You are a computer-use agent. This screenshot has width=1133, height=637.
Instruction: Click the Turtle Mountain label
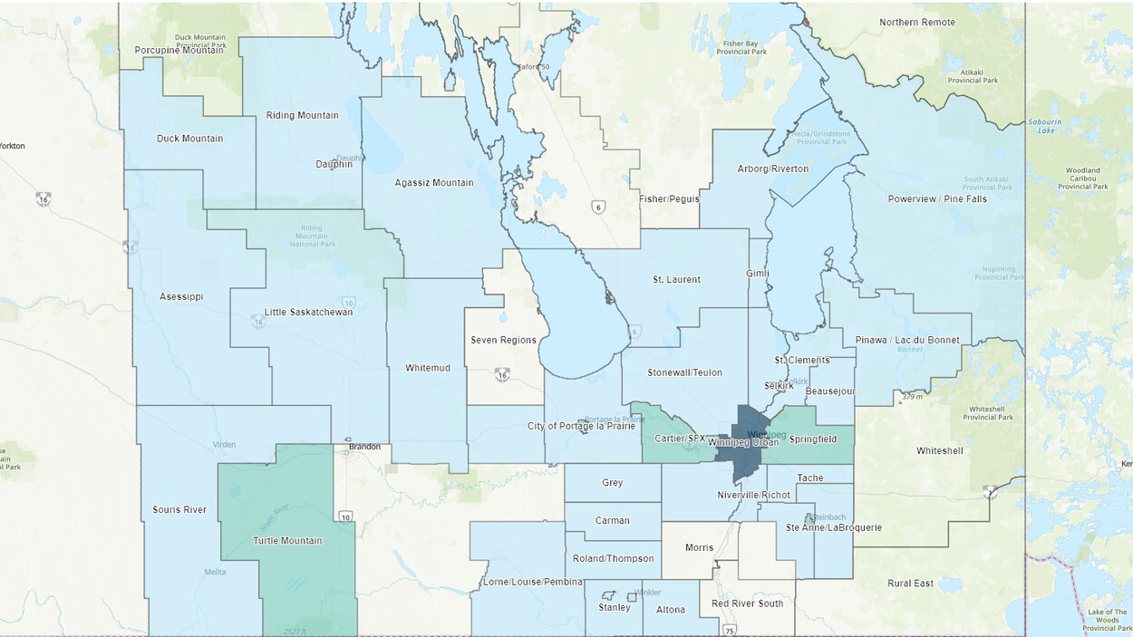pyautogui.click(x=286, y=541)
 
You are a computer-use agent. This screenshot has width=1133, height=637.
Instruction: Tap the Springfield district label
pyautogui.click(x=813, y=439)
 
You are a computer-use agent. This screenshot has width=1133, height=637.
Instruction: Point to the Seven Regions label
pyautogui.click(x=503, y=340)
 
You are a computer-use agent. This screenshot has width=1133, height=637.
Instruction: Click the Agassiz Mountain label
pyautogui.click(x=434, y=182)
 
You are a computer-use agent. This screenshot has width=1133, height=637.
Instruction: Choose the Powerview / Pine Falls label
pyautogui.click(x=937, y=198)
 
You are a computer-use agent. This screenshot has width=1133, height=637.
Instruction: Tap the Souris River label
pyautogui.click(x=179, y=509)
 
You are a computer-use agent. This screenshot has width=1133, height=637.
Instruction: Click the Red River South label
pyautogui.click(x=747, y=603)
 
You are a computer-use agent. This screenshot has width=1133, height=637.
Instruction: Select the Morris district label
pyautogui.click(x=699, y=547)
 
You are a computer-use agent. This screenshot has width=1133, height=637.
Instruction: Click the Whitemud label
pyautogui.click(x=428, y=368)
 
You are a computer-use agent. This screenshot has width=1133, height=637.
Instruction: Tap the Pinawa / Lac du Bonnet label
pyautogui.click(x=906, y=340)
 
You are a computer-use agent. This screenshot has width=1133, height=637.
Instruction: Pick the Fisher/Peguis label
pyautogui.click(x=669, y=198)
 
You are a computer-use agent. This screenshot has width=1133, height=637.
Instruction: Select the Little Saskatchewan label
pyautogui.click(x=308, y=312)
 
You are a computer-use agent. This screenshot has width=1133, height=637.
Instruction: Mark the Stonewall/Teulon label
pyautogui.click(x=685, y=372)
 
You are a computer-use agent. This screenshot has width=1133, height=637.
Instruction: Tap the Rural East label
pyautogui.click(x=910, y=583)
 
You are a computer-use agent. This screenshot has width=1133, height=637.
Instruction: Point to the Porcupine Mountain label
pyautogui.click(x=179, y=50)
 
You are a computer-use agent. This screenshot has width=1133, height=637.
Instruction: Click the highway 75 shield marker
pyautogui.click(x=730, y=630)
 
